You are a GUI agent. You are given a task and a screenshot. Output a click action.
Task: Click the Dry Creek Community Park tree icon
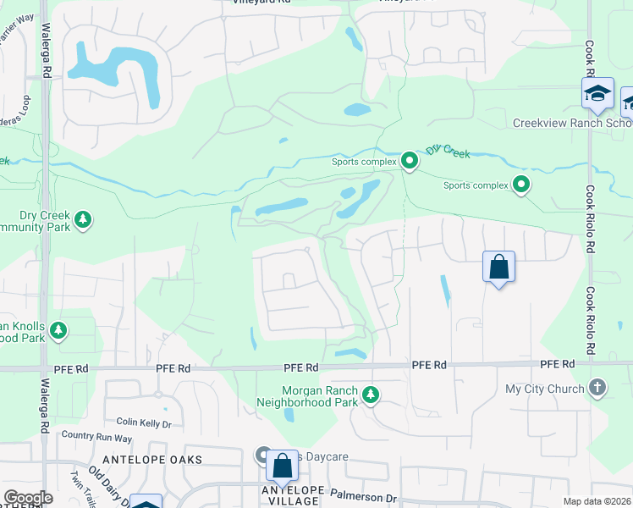click(x=83, y=220)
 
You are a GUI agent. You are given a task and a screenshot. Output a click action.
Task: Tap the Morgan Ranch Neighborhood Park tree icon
click(x=370, y=395)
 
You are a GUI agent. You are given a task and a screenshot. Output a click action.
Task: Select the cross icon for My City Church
click(x=597, y=389)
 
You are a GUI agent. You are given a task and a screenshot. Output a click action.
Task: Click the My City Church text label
click(x=544, y=389)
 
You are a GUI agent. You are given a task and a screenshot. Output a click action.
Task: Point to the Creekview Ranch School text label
click(x=572, y=123)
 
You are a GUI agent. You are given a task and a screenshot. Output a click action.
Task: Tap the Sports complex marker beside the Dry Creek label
click(x=410, y=159)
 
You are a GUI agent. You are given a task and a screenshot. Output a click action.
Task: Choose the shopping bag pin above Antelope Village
click(x=282, y=466)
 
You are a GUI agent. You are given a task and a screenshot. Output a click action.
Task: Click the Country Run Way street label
click(x=96, y=438)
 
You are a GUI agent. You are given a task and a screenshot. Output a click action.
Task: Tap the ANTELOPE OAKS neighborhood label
click(x=152, y=459)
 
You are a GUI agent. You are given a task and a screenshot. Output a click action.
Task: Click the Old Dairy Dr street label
click(x=107, y=486)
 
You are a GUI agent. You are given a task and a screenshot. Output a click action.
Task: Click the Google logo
click(x=28, y=498)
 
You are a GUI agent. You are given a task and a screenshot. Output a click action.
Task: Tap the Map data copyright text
click(x=597, y=501)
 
